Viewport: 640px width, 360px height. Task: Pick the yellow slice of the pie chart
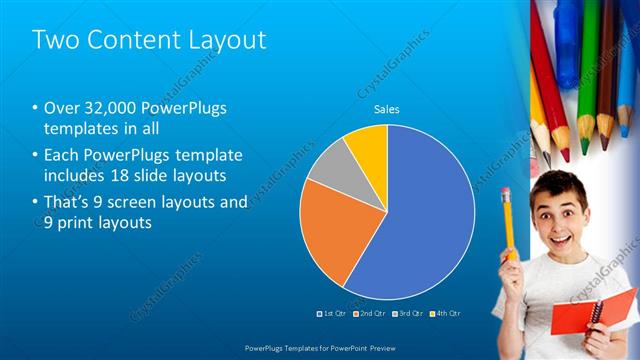tap(367, 145)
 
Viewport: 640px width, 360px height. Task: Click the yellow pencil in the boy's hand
tap(509, 220)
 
